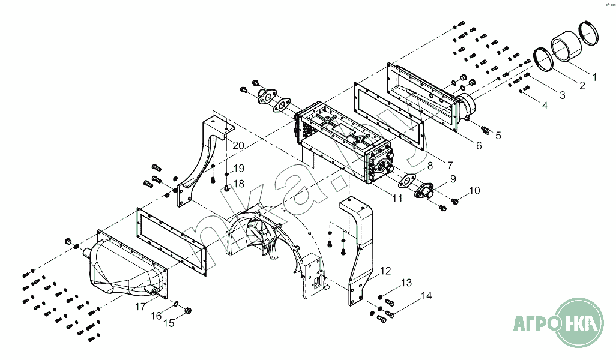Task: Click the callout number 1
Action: tap(594, 77)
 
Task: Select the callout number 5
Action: tap(498, 136)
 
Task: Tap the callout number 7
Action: tap(450, 164)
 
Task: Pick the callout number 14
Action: tap(426, 296)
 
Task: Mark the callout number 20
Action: tap(238, 146)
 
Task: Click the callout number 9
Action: tap(453, 178)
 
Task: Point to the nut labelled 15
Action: tap(187, 310)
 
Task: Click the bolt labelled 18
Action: tap(227, 188)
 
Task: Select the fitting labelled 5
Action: tap(486, 128)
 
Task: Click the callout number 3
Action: tap(562, 95)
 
